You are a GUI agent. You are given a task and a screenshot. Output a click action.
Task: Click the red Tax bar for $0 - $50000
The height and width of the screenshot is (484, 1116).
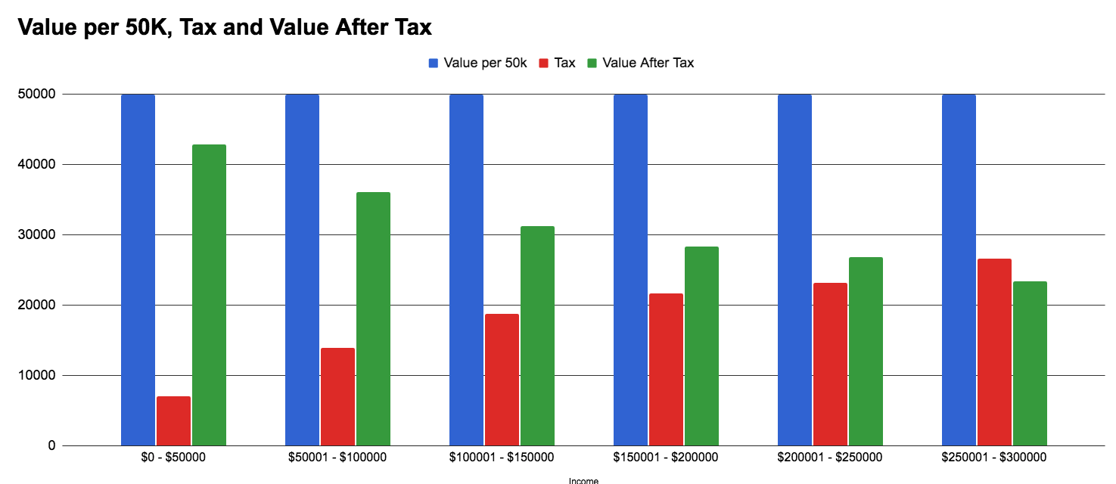173,420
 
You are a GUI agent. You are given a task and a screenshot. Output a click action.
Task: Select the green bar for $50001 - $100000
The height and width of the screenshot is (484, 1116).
373,318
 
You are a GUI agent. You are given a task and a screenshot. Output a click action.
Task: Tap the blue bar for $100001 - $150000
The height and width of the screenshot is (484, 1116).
466,270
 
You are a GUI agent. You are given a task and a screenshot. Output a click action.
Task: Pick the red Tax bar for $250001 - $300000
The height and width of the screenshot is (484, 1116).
994,352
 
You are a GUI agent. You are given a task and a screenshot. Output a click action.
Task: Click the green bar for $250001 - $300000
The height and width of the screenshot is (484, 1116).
1030,363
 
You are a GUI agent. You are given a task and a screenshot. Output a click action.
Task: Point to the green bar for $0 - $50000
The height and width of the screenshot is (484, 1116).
209,295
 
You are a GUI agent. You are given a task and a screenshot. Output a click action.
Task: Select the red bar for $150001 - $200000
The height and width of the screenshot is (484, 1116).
666,369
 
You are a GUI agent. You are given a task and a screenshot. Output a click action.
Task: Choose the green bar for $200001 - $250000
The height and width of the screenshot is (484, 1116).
866,351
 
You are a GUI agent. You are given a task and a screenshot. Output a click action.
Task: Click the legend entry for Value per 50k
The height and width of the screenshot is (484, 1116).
477,63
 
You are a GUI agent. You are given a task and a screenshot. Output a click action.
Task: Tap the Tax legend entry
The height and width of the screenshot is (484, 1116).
557,63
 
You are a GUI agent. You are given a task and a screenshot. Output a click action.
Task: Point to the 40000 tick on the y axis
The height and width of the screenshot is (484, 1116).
36,165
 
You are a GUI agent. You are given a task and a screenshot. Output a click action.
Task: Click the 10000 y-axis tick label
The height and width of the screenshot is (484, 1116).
36,376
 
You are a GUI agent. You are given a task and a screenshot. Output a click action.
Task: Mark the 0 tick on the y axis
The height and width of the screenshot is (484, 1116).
51,446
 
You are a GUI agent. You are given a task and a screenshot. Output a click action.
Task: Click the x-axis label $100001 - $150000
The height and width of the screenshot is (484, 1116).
502,458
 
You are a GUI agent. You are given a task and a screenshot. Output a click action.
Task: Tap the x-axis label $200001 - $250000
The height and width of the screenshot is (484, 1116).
830,458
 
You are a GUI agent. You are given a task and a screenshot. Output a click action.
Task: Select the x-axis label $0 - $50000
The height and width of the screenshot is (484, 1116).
173,458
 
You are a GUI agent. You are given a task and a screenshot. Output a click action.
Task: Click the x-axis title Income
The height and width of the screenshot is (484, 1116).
583,479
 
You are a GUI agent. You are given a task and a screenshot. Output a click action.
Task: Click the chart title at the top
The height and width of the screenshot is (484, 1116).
224,27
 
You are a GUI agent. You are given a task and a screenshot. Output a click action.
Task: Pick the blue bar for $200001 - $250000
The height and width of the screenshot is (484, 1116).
794,270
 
